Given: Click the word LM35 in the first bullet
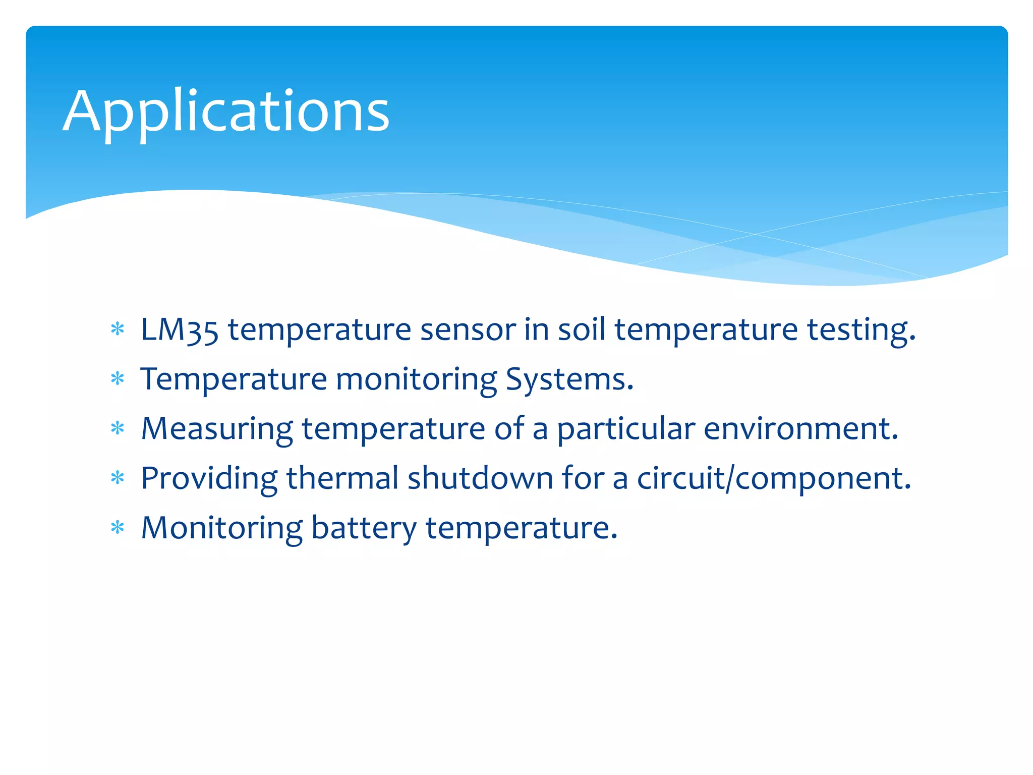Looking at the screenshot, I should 180,330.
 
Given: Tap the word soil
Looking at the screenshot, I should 581,330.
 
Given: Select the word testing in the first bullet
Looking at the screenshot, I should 860,330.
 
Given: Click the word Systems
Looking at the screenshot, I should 569,379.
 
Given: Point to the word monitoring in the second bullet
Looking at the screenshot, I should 416,379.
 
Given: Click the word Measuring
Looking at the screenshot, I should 217,429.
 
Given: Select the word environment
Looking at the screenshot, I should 800,429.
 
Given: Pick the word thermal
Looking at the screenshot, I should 342,478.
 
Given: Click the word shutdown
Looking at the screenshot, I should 480,478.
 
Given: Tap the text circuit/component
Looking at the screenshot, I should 774,478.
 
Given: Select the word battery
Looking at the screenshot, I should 364,528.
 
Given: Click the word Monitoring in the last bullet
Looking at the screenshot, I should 221,528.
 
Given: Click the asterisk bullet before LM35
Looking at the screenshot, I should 118,330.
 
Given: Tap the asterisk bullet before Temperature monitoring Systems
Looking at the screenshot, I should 118,379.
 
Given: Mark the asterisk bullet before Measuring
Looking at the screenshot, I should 118,429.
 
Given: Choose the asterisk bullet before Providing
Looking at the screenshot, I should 118,478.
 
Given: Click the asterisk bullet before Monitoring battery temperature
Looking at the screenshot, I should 118,528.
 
